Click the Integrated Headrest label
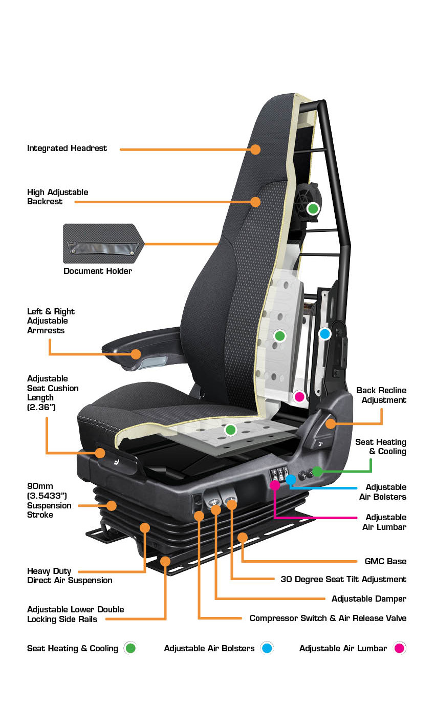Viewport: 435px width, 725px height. click(x=67, y=148)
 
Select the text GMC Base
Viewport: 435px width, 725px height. click(x=385, y=561)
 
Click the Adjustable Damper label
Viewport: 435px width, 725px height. click(x=368, y=599)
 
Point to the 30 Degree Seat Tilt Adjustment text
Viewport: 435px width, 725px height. click(x=343, y=579)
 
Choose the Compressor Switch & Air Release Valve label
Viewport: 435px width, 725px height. click(x=328, y=618)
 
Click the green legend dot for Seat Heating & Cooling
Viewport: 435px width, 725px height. click(x=130, y=648)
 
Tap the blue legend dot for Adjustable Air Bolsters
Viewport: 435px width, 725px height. click(x=267, y=648)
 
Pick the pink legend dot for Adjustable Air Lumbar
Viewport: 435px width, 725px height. click(x=399, y=648)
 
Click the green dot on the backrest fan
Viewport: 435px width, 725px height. click(x=313, y=209)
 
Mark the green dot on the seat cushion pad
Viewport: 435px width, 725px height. click(x=231, y=430)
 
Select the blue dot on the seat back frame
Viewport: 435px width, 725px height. click(x=324, y=334)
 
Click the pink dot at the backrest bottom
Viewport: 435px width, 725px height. click(x=299, y=396)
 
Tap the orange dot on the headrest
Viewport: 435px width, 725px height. click(x=255, y=150)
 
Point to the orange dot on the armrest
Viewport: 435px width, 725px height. click(x=136, y=354)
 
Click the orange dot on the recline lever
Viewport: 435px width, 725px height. click(x=330, y=423)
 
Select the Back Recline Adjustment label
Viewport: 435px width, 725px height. click(x=381, y=395)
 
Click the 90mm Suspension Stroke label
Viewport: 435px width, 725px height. click(x=49, y=500)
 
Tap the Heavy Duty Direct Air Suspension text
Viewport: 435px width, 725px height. click(x=70, y=575)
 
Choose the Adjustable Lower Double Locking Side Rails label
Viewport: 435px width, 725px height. click(x=75, y=614)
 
